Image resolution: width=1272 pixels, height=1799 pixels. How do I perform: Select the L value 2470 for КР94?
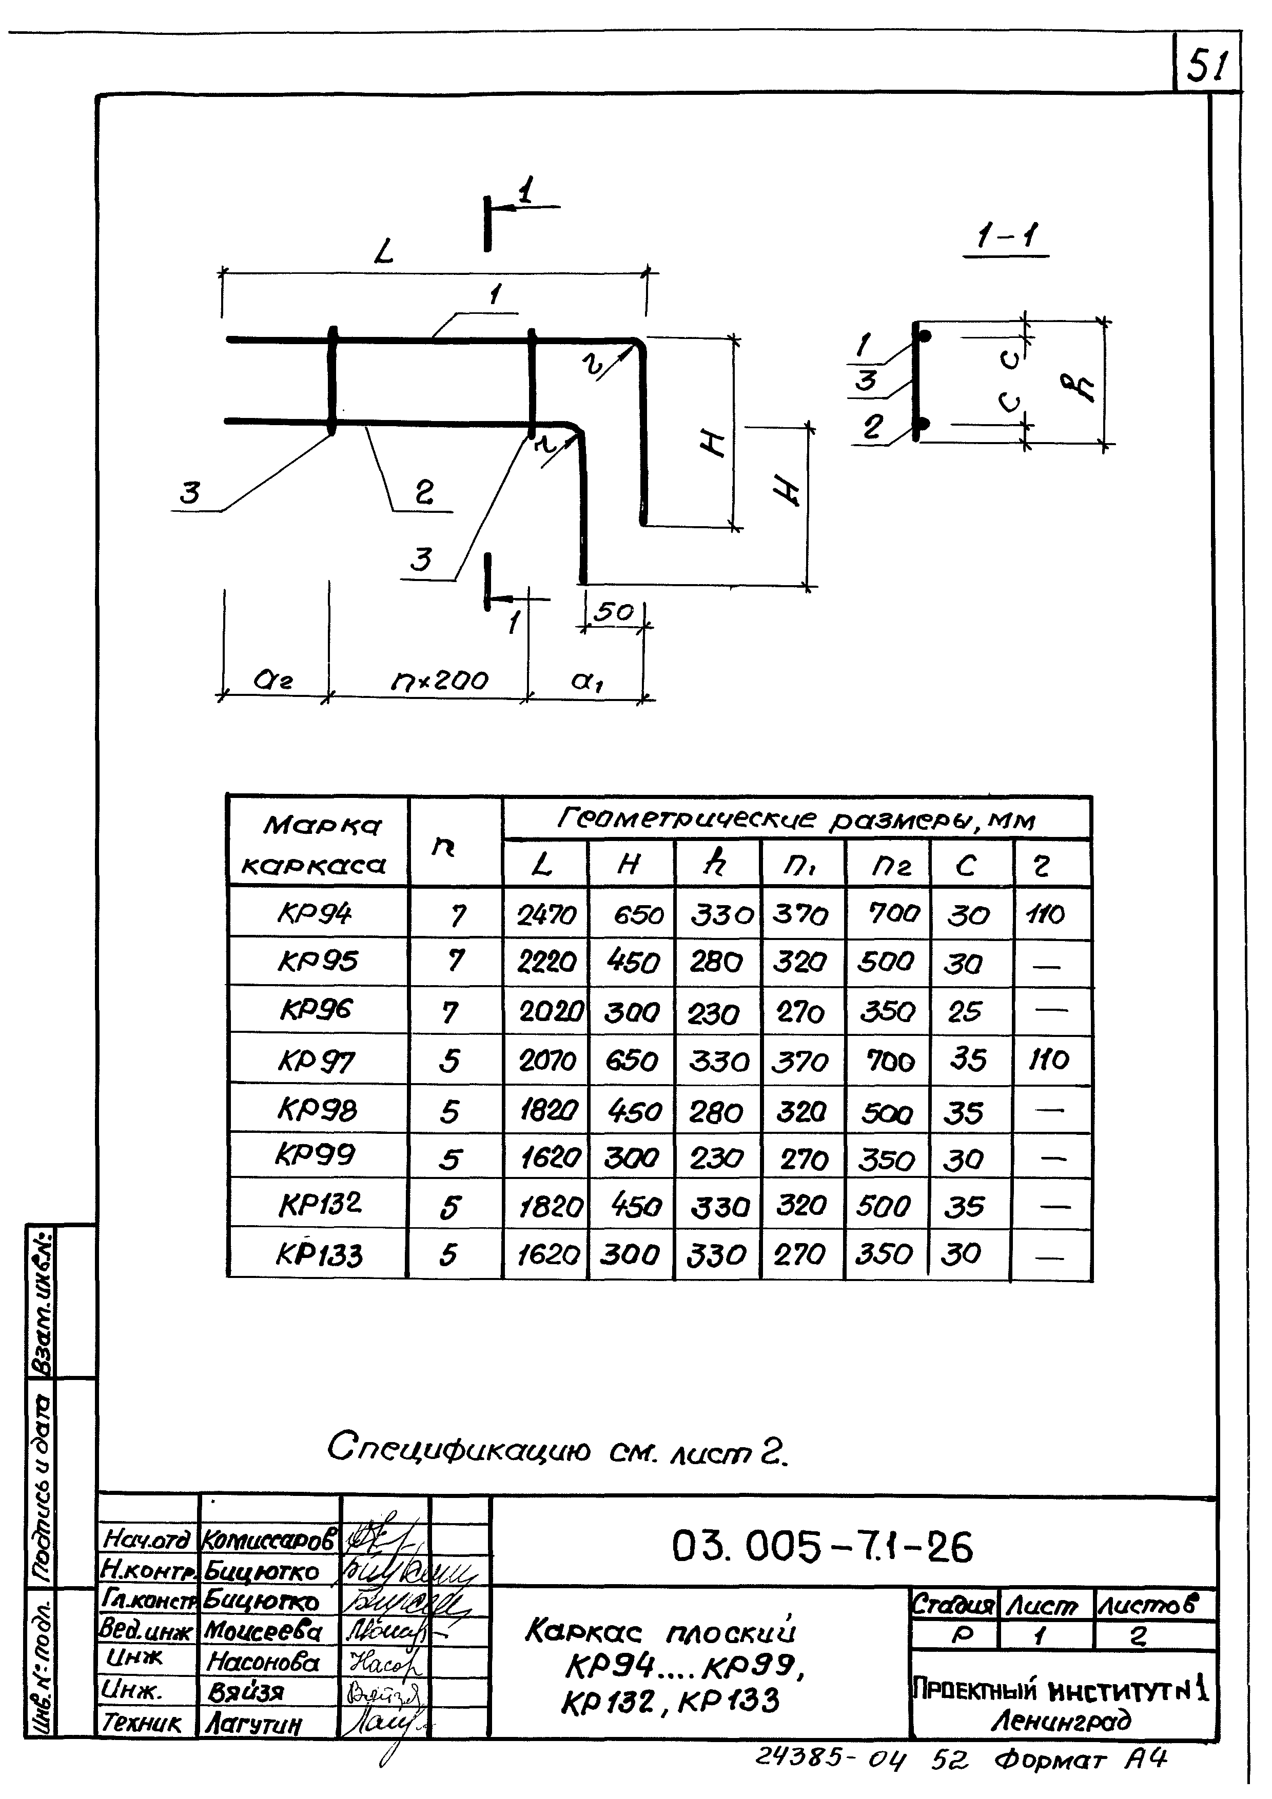click(x=546, y=914)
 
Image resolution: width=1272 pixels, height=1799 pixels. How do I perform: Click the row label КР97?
click(x=317, y=1061)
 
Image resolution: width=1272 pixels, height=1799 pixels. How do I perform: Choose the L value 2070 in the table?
click(x=547, y=1061)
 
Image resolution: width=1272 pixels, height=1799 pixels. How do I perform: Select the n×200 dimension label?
click(x=439, y=681)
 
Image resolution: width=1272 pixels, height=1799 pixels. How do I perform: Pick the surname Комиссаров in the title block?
click(x=269, y=1540)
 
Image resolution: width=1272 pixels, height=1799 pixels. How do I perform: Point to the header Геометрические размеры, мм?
click(x=795, y=819)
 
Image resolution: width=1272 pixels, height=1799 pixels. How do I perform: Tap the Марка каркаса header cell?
click(x=318, y=844)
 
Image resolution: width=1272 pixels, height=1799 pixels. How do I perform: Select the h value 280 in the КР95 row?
click(x=716, y=962)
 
